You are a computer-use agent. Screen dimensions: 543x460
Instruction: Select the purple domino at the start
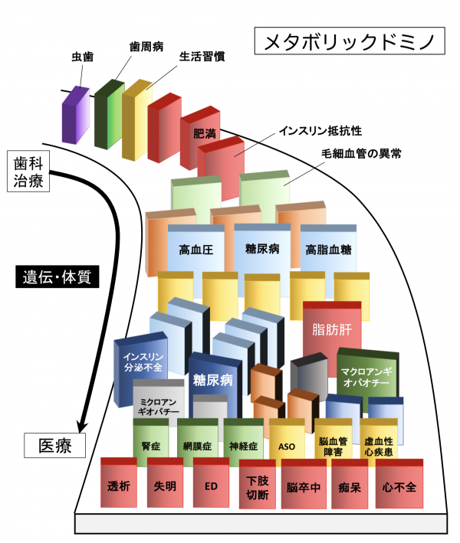point(76,116)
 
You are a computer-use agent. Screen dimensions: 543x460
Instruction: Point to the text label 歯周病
point(145,47)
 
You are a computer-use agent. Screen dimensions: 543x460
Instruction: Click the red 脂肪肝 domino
point(331,331)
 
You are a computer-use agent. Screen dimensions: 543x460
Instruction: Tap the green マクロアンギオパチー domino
point(367,377)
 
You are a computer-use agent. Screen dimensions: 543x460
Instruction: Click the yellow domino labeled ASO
point(287,444)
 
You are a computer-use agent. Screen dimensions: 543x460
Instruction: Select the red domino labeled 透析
point(119,485)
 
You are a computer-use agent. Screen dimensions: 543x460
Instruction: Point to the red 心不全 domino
point(398,486)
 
